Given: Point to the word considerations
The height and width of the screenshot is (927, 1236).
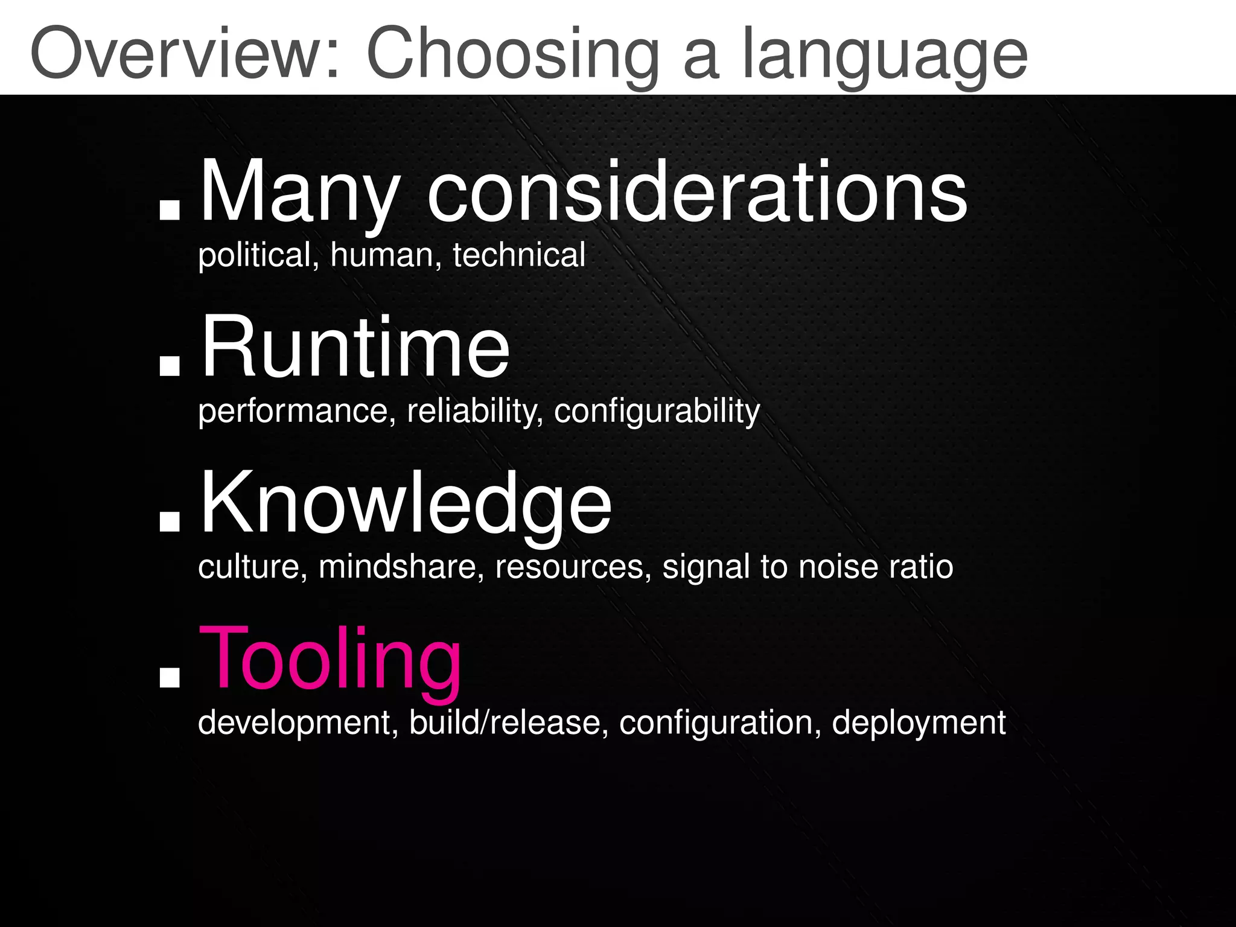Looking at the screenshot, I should pos(697,191).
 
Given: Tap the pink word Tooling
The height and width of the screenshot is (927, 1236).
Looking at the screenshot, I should pos(330,659).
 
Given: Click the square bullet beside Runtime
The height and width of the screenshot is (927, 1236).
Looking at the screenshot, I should pos(170,365).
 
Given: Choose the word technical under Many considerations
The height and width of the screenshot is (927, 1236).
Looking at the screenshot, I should pos(519,255).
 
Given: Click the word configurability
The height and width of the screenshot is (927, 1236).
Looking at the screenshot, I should pos(657,412).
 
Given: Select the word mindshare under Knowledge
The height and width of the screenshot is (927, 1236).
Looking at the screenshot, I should pos(398,567).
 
